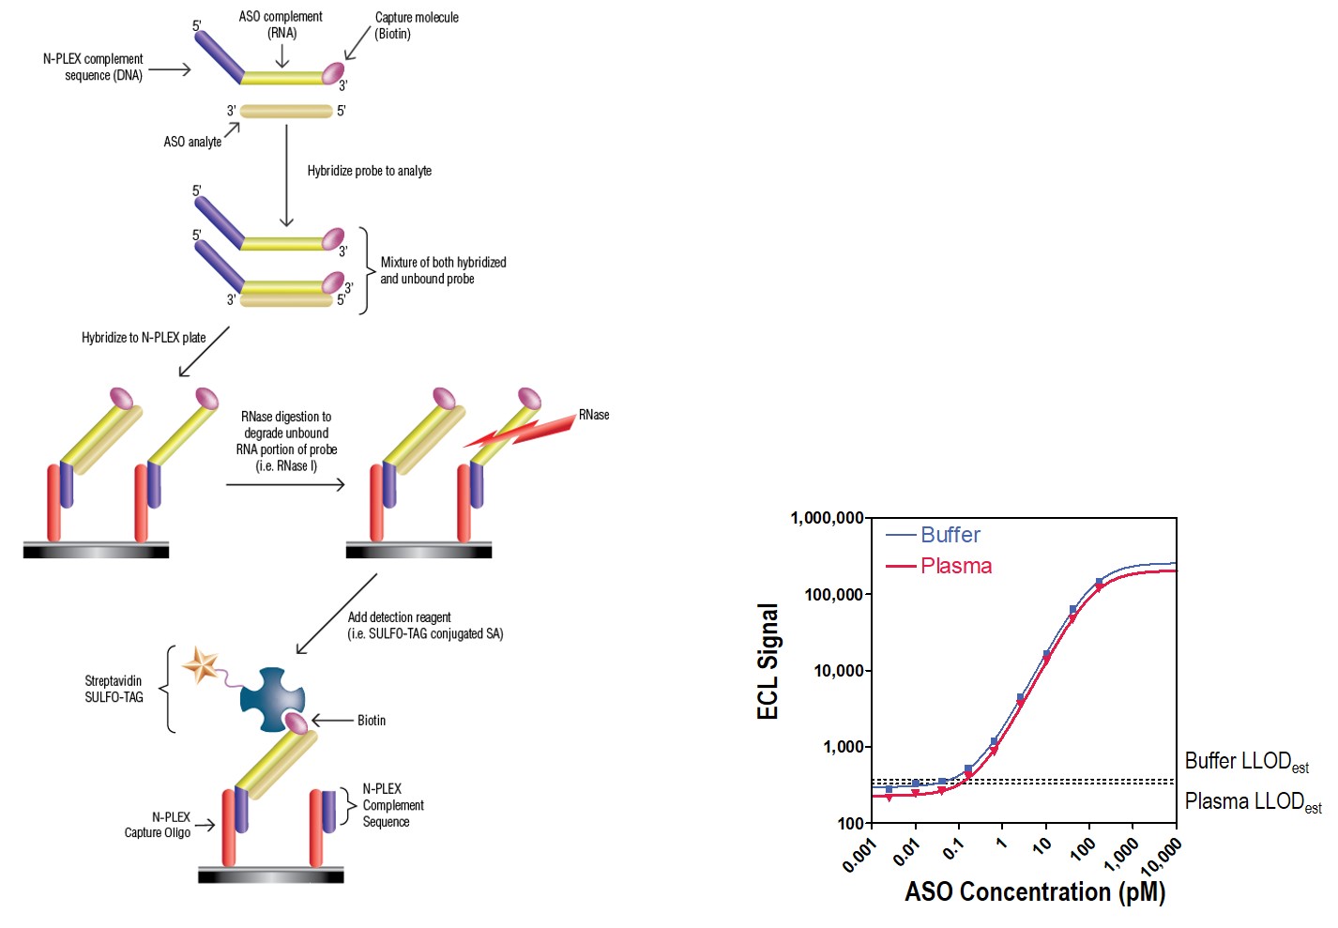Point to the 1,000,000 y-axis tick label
point(827,518)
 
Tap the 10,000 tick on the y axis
point(838,671)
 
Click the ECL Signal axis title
point(768,662)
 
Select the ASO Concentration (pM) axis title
point(1035,891)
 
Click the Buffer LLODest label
point(1246,761)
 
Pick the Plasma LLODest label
point(1253,802)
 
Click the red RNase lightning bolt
point(521,432)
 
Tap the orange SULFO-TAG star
point(201,665)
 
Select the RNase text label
point(594,415)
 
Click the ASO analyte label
point(192,142)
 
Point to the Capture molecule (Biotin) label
point(416,25)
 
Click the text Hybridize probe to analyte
point(370,171)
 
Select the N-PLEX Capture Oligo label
point(158,825)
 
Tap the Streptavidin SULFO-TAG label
point(114,689)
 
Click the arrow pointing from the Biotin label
point(331,721)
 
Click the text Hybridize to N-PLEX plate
point(144,338)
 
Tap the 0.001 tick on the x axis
point(859,855)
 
